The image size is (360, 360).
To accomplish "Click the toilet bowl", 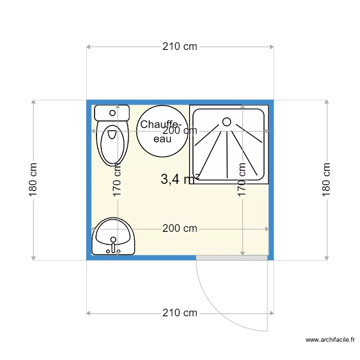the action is tap(112, 144).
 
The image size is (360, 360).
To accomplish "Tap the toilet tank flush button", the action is tap(112, 113).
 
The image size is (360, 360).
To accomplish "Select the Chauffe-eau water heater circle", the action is tap(162, 131).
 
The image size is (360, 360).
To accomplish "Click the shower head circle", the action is tap(227, 122).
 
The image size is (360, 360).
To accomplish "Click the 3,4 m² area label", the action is tap(180, 179).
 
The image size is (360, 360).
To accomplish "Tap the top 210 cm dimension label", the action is tap(180, 47).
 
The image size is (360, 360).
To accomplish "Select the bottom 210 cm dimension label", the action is tap(180, 312).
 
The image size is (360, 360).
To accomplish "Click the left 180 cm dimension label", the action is tap(33, 180).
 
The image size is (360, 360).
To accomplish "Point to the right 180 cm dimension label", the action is tap(326, 180).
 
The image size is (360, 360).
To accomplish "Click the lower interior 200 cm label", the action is tap(180, 228).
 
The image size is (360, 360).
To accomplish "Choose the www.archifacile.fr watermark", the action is tap(330, 339).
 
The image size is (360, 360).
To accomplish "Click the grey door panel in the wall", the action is tap(232, 258).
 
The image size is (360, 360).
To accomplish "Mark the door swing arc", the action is tap(220, 314).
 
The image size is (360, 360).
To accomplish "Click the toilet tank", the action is tap(112, 113).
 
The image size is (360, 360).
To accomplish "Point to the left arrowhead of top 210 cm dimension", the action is tap(88, 47).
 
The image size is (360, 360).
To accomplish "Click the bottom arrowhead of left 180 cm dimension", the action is tap(33, 259).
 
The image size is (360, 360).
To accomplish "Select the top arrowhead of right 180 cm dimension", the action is tap(326, 102).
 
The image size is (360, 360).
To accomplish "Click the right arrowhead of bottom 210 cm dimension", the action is tap(272, 313).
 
